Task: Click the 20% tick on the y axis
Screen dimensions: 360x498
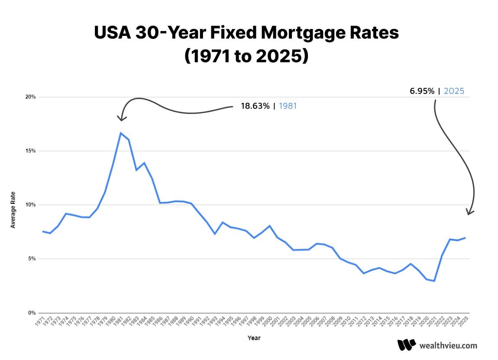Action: pyautogui.click(x=30, y=97)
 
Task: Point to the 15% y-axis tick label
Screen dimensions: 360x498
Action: pyautogui.click(x=30, y=151)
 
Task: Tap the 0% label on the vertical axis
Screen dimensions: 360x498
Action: pyautogui.click(x=32, y=313)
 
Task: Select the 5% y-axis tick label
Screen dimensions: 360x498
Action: pyautogui.click(x=32, y=259)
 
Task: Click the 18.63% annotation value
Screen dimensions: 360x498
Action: pyautogui.click(x=255, y=106)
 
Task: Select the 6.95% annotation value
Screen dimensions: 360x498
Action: pyautogui.click(x=422, y=91)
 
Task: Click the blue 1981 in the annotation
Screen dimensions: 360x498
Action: pyautogui.click(x=288, y=106)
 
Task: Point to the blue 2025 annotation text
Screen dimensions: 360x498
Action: pyautogui.click(x=454, y=91)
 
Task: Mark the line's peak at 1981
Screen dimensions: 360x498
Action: pyautogui.click(x=120, y=133)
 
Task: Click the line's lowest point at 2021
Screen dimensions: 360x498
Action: pyautogui.click(x=434, y=281)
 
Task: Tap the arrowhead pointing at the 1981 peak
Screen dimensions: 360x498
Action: pyautogui.click(x=122, y=118)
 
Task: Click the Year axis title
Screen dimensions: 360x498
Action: pyautogui.click(x=254, y=337)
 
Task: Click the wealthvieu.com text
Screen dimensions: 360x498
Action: pyautogui.click(x=448, y=345)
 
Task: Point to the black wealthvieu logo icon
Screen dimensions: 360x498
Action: pyautogui.click(x=406, y=345)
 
